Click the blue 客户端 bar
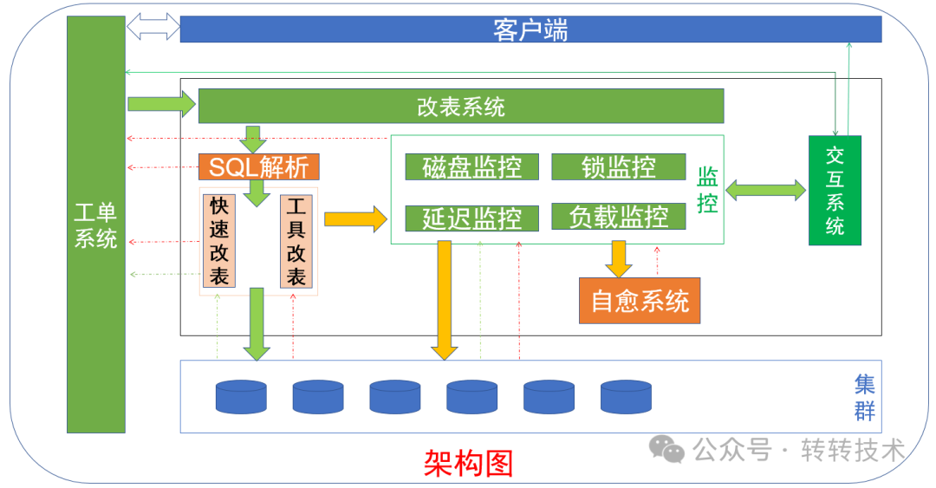click(530, 29)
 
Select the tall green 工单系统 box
click(96, 224)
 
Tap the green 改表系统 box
click(461, 107)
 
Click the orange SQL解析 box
click(259, 166)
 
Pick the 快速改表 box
click(219, 241)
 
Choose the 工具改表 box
click(296, 241)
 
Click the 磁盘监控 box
click(472, 166)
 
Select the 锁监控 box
click(618, 166)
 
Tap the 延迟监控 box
click(472, 218)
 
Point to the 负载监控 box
click(618, 217)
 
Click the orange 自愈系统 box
click(640, 301)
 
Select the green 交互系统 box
click(835, 191)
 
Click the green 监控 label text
click(707, 191)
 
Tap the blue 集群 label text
click(864, 397)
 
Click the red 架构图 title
click(468, 463)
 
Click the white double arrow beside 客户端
click(153, 27)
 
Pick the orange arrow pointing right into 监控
click(354, 218)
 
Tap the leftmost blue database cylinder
click(241, 396)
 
